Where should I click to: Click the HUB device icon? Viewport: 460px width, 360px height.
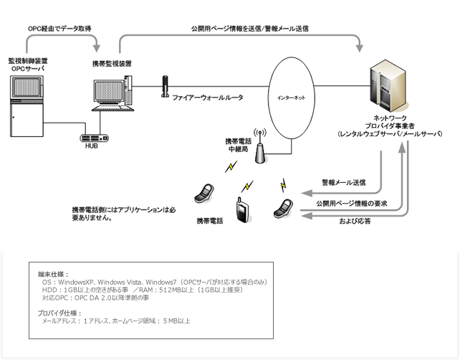pos(94,137)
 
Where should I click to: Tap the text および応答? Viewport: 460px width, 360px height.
pos(355,220)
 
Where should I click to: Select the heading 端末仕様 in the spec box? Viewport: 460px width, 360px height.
pos(51,274)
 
